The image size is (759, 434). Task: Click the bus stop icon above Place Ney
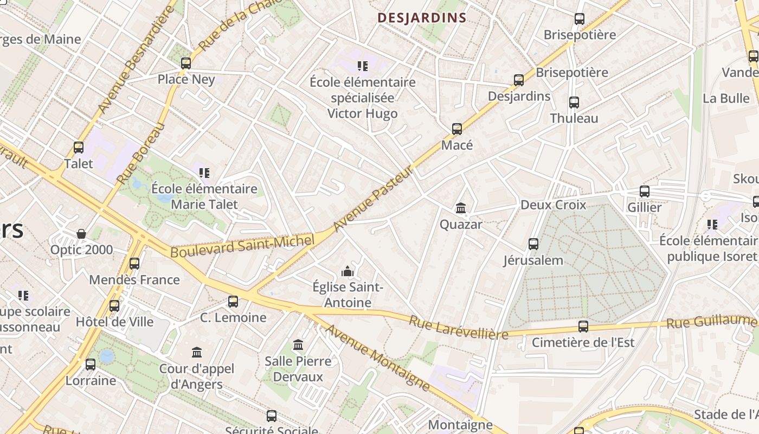click(x=186, y=63)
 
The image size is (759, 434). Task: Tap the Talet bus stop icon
click(x=79, y=148)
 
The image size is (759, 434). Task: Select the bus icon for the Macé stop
click(x=457, y=129)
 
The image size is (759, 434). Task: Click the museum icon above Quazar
click(x=461, y=208)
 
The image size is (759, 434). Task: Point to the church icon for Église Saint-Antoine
click(x=348, y=271)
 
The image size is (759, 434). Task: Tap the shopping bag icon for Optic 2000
click(x=81, y=234)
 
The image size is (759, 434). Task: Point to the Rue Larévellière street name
click(x=459, y=327)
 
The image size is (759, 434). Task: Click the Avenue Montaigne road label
click(x=377, y=358)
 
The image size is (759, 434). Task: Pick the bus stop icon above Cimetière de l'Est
click(x=583, y=327)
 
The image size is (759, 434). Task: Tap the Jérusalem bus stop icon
click(x=533, y=244)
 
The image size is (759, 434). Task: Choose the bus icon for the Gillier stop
click(x=644, y=192)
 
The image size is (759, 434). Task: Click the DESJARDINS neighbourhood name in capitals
click(x=422, y=18)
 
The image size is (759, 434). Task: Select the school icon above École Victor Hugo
click(x=363, y=66)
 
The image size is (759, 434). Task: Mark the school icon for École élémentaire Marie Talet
click(x=204, y=173)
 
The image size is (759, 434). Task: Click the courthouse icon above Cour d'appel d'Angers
click(x=197, y=353)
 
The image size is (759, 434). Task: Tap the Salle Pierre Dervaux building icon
click(x=298, y=345)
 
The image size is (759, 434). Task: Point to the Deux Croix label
click(x=553, y=205)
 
